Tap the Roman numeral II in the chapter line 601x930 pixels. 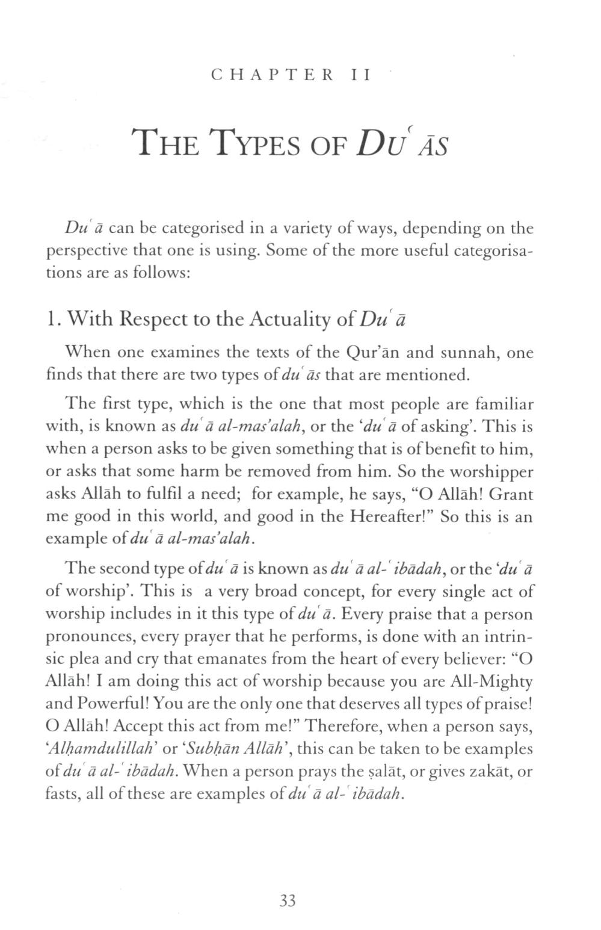362,75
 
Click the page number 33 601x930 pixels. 288,901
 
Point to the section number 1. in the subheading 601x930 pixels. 53,318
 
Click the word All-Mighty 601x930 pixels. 490,682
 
